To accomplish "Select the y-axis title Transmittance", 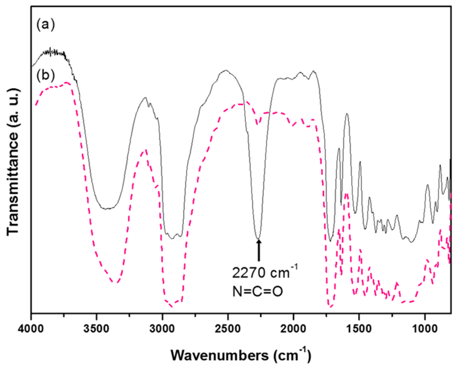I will [x=13, y=161].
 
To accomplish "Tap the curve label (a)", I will [x=46, y=24].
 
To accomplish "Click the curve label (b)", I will [x=46, y=75].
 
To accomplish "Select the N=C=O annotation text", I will [x=258, y=291].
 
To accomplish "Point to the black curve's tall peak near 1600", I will [x=347, y=114].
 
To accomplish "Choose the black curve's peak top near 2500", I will [x=226, y=71].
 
